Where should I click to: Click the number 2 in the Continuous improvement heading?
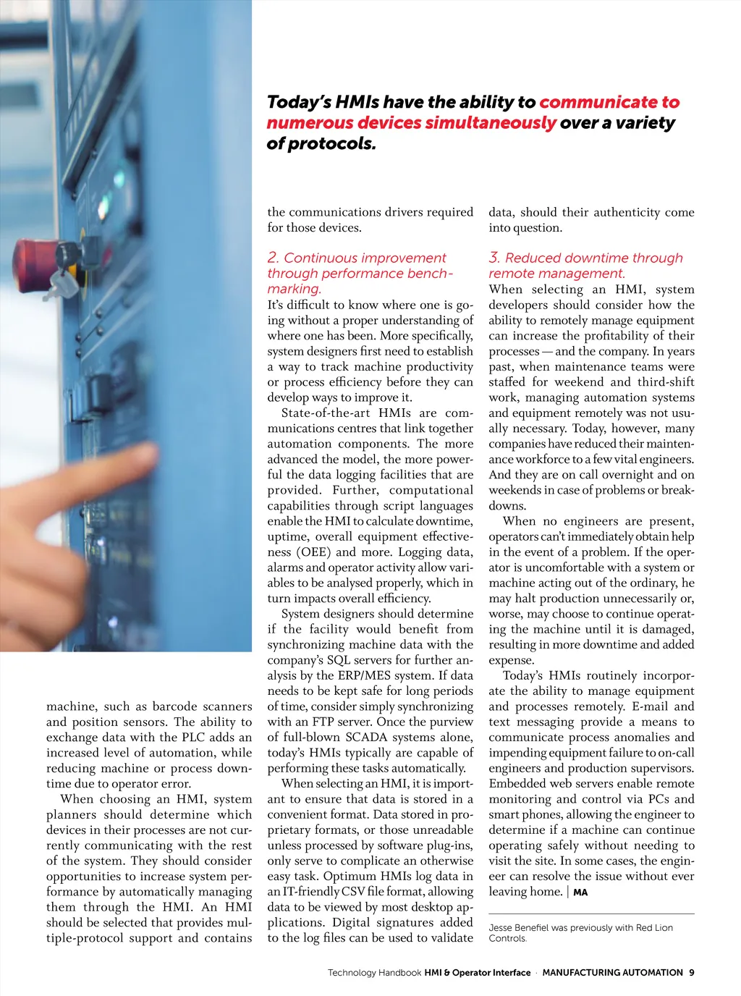[x=273, y=258]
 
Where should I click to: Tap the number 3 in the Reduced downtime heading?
[x=494, y=258]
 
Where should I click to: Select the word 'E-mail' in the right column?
[x=649, y=706]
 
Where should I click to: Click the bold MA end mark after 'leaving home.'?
[x=580, y=892]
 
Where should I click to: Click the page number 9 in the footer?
[x=692, y=973]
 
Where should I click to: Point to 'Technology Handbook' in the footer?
[x=374, y=973]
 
